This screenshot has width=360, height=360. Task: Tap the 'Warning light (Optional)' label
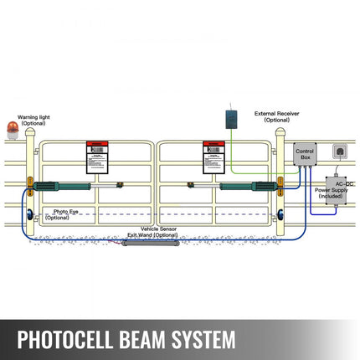point(33,120)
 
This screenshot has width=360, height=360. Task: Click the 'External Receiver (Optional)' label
point(276,117)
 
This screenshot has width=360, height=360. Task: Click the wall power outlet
point(340,152)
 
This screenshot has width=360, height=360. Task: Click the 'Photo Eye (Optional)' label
point(57,214)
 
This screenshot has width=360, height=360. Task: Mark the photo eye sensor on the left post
point(30,214)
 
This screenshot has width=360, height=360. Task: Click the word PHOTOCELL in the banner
point(69,341)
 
